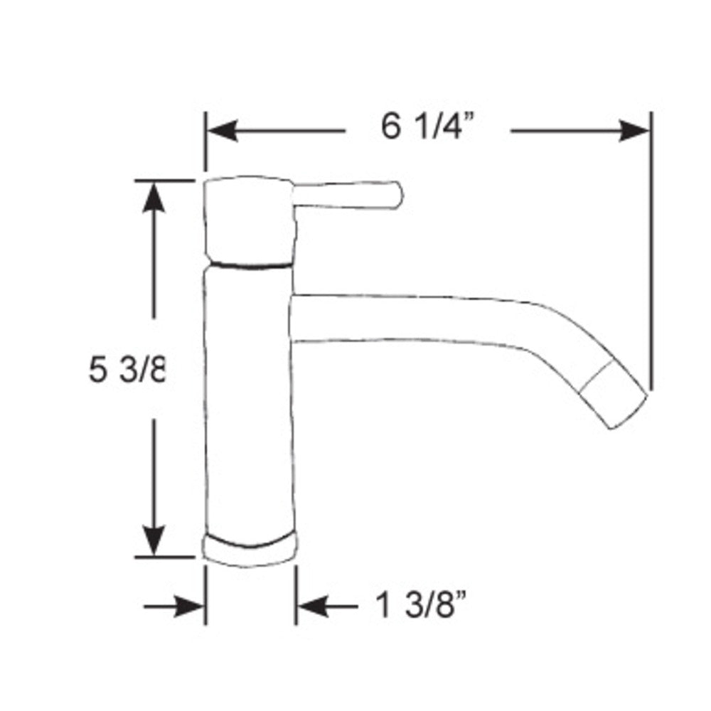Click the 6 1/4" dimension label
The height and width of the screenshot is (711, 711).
pos(427,128)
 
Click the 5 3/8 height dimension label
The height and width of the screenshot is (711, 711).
pos(127,370)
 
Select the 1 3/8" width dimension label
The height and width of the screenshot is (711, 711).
pos(424,606)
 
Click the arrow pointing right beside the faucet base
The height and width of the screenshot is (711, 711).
pos(188,606)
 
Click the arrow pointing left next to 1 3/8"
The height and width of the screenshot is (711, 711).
pos(313,606)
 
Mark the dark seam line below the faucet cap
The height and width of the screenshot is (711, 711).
pos(249,265)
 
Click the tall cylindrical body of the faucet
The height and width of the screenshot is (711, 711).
pos(249,398)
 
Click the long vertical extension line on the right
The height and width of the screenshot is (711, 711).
pos(651,249)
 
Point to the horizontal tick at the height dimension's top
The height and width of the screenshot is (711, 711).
pos(165,181)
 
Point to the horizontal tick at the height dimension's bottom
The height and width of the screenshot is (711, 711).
pos(165,557)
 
